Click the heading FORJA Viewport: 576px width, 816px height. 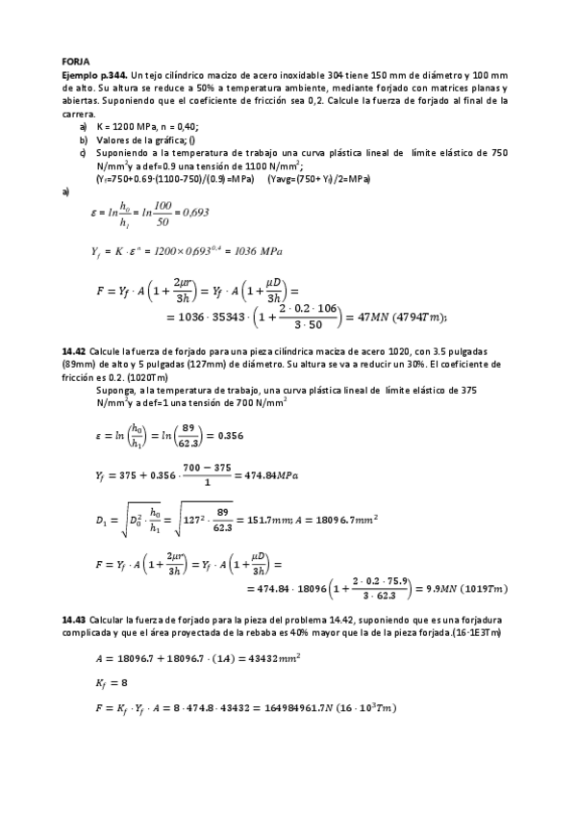click(75, 60)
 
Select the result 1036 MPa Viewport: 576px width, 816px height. click(245, 251)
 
